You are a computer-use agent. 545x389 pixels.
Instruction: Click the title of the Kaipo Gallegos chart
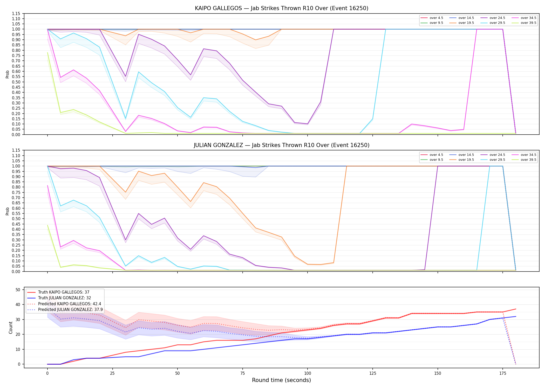[282, 8]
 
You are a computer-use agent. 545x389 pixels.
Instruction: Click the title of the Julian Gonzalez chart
[282, 145]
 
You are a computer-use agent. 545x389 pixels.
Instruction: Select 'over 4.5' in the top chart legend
[436, 18]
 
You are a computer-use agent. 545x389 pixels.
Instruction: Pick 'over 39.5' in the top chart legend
[528, 23]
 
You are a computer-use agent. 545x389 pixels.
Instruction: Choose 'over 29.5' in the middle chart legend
[497, 160]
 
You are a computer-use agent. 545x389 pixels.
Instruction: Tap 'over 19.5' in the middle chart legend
[466, 160]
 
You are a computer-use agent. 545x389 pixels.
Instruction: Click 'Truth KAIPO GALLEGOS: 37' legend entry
[64, 292]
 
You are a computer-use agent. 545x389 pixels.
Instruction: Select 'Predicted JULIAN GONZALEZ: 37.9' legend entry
[70, 310]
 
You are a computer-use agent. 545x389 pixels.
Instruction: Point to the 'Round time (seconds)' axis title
[281, 380]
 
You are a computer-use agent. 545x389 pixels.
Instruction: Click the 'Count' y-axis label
[11, 328]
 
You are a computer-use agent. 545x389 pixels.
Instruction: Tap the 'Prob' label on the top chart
[8, 74]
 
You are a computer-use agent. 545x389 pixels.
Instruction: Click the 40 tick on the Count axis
[18, 305]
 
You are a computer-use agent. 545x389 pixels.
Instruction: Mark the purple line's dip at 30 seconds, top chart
[126, 77]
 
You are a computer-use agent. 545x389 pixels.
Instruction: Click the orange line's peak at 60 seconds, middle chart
[204, 183]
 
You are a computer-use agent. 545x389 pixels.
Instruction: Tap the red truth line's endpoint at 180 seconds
[516, 309]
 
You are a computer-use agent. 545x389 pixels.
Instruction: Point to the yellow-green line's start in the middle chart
[47, 225]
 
